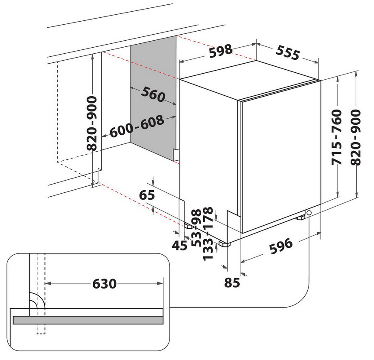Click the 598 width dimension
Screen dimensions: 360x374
tap(221, 51)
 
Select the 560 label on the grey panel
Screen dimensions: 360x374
tap(153, 94)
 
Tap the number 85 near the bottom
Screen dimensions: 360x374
tap(233, 282)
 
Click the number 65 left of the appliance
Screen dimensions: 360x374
tap(147, 195)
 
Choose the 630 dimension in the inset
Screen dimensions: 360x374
tap(104, 284)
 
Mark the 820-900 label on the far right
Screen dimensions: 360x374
tap(356, 137)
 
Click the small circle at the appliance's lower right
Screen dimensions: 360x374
tap(309, 213)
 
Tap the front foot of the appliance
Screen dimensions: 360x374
tap(224, 243)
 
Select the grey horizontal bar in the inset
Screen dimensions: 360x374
tap(88, 320)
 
